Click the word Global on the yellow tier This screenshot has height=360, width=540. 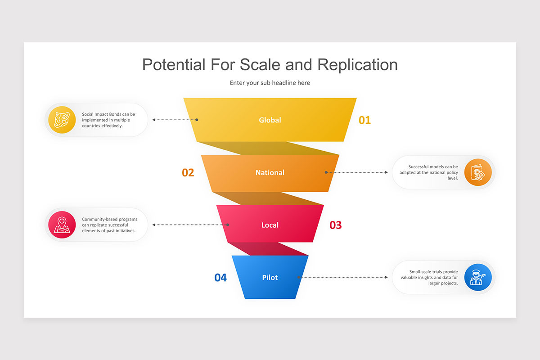click(x=270, y=120)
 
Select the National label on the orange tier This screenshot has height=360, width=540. click(x=270, y=173)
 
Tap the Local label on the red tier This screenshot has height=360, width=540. click(x=270, y=225)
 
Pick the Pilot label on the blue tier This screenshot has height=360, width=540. click(x=270, y=278)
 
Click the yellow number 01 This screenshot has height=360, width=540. click(x=364, y=120)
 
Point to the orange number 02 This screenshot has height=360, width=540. click(x=188, y=173)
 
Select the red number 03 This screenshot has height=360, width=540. click(x=336, y=225)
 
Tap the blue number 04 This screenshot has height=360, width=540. click(x=220, y=278)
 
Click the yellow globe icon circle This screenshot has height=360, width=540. click(x=62, y=120)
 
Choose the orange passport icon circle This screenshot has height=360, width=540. click(x=478, y=172)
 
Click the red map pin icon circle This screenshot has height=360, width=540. click(x=62, y=225)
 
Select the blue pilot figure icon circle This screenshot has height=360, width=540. click(x=478, y=277)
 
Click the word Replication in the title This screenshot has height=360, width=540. click(x=357, y=65)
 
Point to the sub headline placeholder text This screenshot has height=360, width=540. click(x=270, y=83)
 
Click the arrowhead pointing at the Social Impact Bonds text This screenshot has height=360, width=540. click(x=154, y=120)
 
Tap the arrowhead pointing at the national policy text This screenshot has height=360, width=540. click(x=386, y=172)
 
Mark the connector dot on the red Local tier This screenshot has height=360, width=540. click(x=228, y=225)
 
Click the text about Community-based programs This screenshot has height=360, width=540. click(x=109, y=225)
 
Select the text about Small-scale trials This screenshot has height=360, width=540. click(x=429, y=277)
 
